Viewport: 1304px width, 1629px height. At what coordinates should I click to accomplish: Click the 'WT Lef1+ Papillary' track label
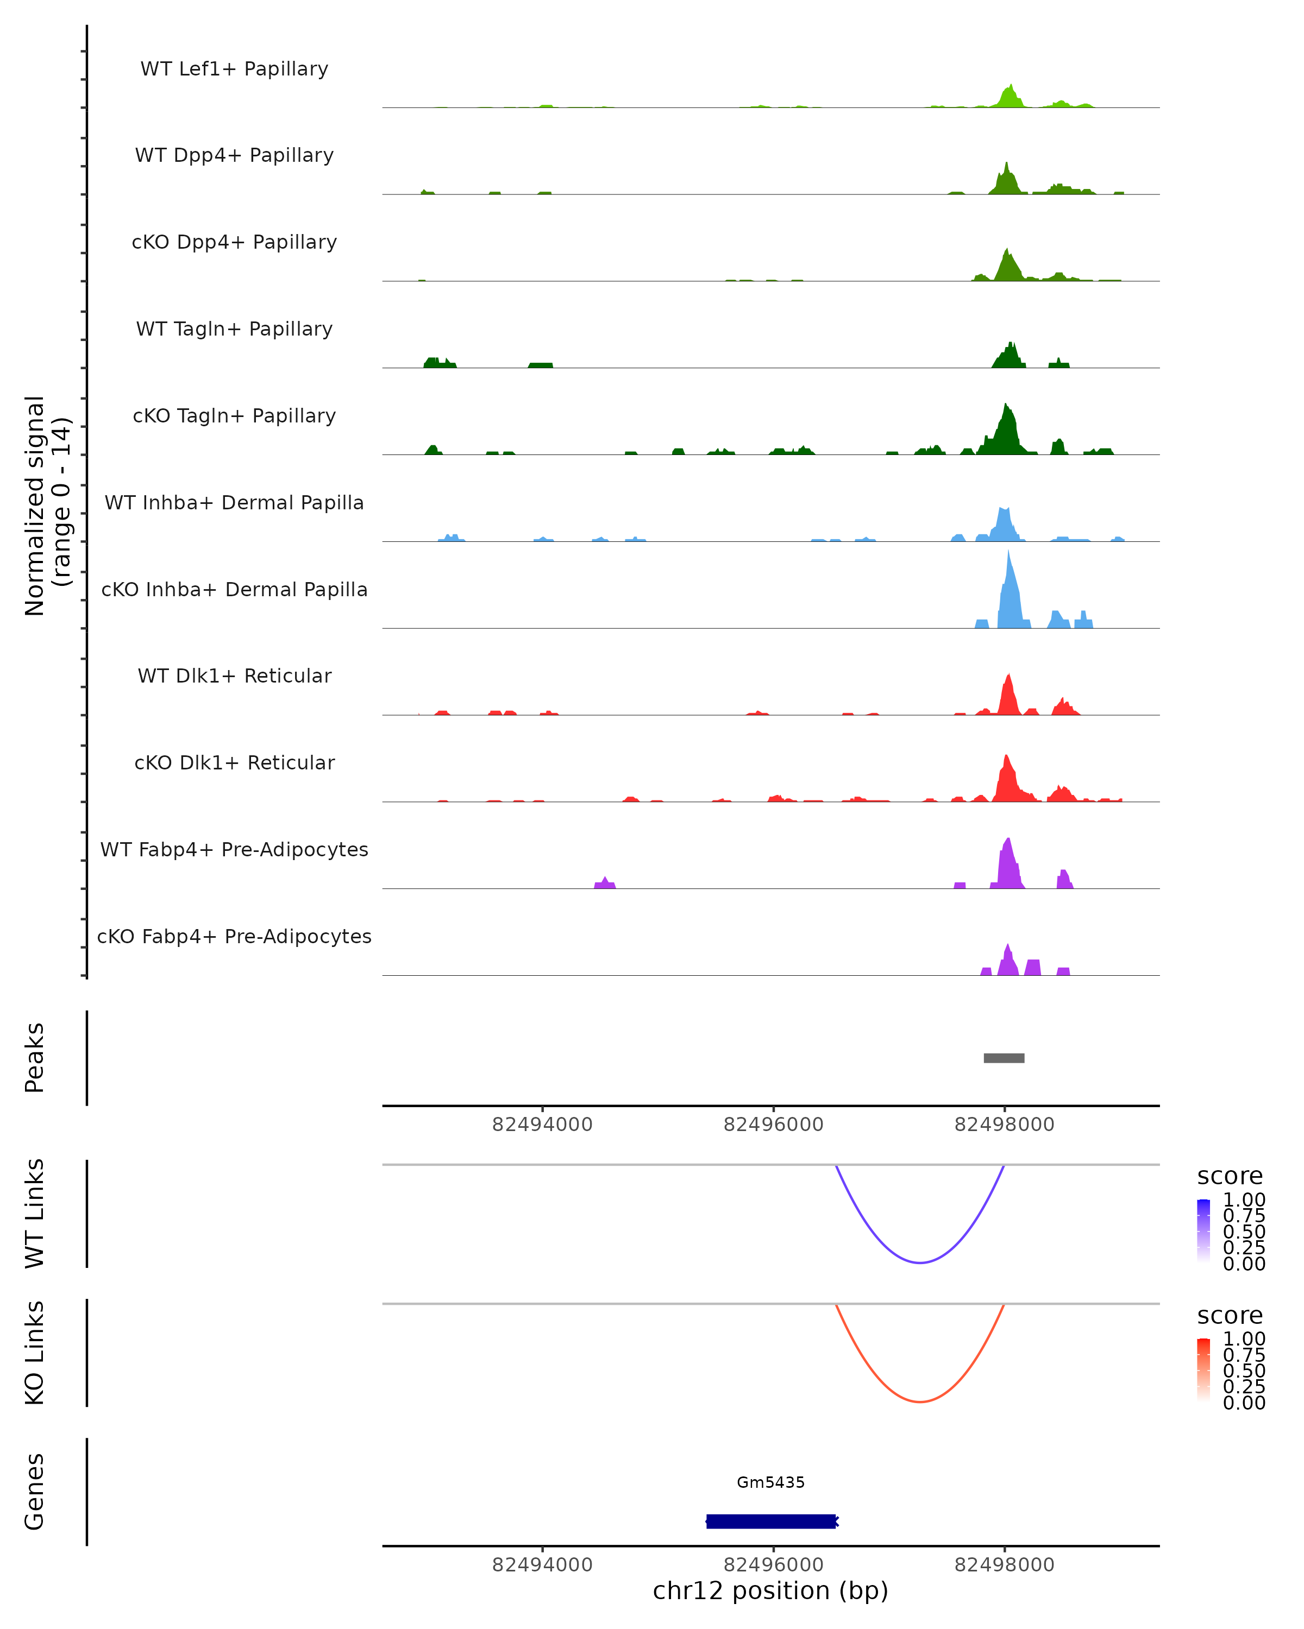(234, 69)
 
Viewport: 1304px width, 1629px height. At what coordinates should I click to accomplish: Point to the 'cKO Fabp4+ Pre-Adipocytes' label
(234, 936)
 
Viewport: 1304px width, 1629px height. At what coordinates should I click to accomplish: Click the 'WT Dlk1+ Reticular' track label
(234, 675)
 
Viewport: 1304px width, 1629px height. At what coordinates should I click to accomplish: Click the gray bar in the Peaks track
(1004, 1058)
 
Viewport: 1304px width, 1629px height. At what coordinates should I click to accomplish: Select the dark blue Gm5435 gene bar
(771, 1521)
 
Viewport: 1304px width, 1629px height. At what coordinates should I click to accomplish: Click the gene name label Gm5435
(771, 1482)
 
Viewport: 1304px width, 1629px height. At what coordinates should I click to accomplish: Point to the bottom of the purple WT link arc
(920, 1262)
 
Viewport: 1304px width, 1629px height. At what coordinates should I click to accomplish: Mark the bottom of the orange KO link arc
(920, 1401)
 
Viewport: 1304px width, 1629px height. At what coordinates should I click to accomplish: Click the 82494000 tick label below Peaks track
(542, 1125)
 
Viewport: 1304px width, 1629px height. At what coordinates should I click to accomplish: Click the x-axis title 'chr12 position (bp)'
(770, 1591)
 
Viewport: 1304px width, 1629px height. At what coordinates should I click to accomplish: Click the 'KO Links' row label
(35, 1353)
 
